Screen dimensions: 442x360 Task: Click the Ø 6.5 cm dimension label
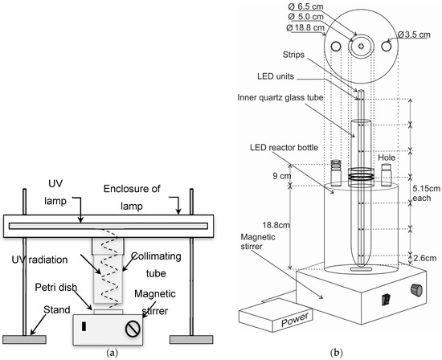(306, 6)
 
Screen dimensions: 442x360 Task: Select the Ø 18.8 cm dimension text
(305, 27)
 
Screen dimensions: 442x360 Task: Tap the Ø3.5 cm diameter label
(414, 35)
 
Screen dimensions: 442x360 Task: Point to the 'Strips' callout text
(293, 55)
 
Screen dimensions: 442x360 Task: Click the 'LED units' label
(276, 76)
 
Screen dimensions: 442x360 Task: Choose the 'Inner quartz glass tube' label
(280, 97)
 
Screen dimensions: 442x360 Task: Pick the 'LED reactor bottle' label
(284, 147)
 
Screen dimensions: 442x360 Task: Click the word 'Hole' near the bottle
(387, 157)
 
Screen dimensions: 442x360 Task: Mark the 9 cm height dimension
(281, 176)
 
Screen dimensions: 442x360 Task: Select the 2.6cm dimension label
(425, 258)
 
